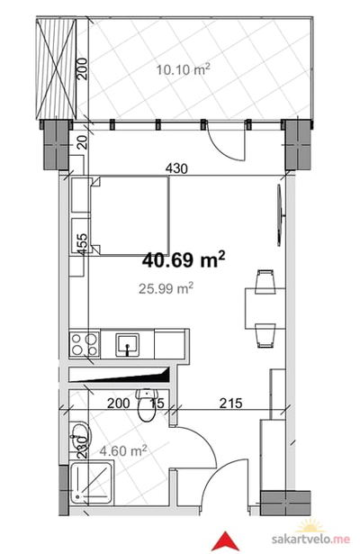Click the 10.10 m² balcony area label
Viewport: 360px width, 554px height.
click(x=184, y=68)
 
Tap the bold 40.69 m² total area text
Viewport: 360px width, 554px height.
click(x=184, y=259)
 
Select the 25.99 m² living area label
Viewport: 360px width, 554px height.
click(x=166, y=288)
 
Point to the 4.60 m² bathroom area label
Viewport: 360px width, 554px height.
click(x=123, y=450)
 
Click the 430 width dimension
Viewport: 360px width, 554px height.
click(x=176, y=168)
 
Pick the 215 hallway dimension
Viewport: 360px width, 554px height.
click(x=230, y=403)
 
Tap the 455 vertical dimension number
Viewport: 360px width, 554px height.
click(x=82, y=243)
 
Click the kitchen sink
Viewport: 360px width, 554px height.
click(x=128, y=345)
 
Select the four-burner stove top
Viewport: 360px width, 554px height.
click(x=85, y=344)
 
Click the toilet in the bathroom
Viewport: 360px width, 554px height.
click(x=146, y=404)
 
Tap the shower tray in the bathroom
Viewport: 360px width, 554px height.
click(x=92, y=482)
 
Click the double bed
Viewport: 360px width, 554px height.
click(x=130, y=216)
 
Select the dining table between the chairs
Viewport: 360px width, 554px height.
click(x=265, y=308)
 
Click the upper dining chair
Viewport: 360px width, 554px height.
click(x=265, y=282)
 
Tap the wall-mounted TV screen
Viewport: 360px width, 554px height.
click(x=280, y=215)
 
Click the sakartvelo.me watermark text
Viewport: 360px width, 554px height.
click(x=310, y=540)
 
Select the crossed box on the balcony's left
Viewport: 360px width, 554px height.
click(x=57, y=69)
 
